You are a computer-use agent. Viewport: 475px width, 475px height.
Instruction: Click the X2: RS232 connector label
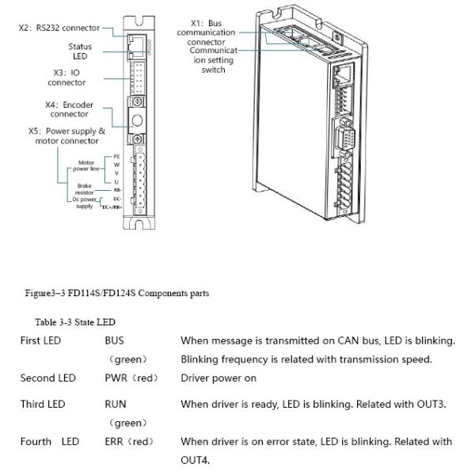[x=59, y=28]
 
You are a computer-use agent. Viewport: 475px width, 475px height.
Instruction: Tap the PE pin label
[x=116, y=157]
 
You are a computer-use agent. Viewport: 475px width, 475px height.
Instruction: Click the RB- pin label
[x=116, y=190]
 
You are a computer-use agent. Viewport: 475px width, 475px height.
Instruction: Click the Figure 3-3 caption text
[x=116, y=294]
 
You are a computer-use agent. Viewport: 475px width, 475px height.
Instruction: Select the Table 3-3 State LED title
[x=75, y=322]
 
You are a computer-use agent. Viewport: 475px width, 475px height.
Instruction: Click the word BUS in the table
[x=115, y=341]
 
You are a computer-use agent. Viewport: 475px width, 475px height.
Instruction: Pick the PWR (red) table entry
[x=130, y=378]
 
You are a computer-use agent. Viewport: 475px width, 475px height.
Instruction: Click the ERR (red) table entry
[x=129, y=441]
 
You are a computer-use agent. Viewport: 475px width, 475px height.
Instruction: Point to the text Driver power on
[x=218, y=378]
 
